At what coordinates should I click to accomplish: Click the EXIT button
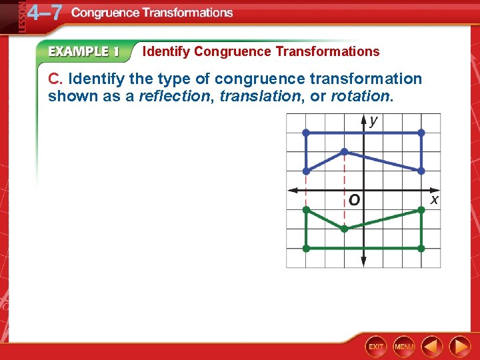[x=376, y=347]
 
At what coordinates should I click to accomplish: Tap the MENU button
[x=404, y=347]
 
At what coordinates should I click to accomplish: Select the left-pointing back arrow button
[x=433, y=347]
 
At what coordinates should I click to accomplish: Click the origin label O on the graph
[x=353, y=200]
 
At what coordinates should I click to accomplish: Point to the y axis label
[x=373, y=121]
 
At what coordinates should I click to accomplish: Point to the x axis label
[x=434, y=199]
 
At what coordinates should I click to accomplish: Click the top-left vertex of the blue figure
[x=306, y=133]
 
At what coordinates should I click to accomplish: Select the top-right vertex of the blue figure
[x=421, y=133]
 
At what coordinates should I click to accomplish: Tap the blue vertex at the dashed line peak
[x=345, y=152]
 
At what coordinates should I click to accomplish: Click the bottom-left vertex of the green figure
[x=306, y=248]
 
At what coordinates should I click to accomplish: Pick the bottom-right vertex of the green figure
[x=421, y=248]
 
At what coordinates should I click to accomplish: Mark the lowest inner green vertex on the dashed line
[x=345, y=229]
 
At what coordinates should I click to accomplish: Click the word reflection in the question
[x=173, y=97]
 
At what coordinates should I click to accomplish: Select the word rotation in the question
[x=359, y=97]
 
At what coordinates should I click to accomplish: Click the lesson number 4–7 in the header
[x=43, y=13]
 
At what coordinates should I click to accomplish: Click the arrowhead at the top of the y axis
[x=363, y=119]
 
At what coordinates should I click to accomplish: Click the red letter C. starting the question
[x=55, y=79]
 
